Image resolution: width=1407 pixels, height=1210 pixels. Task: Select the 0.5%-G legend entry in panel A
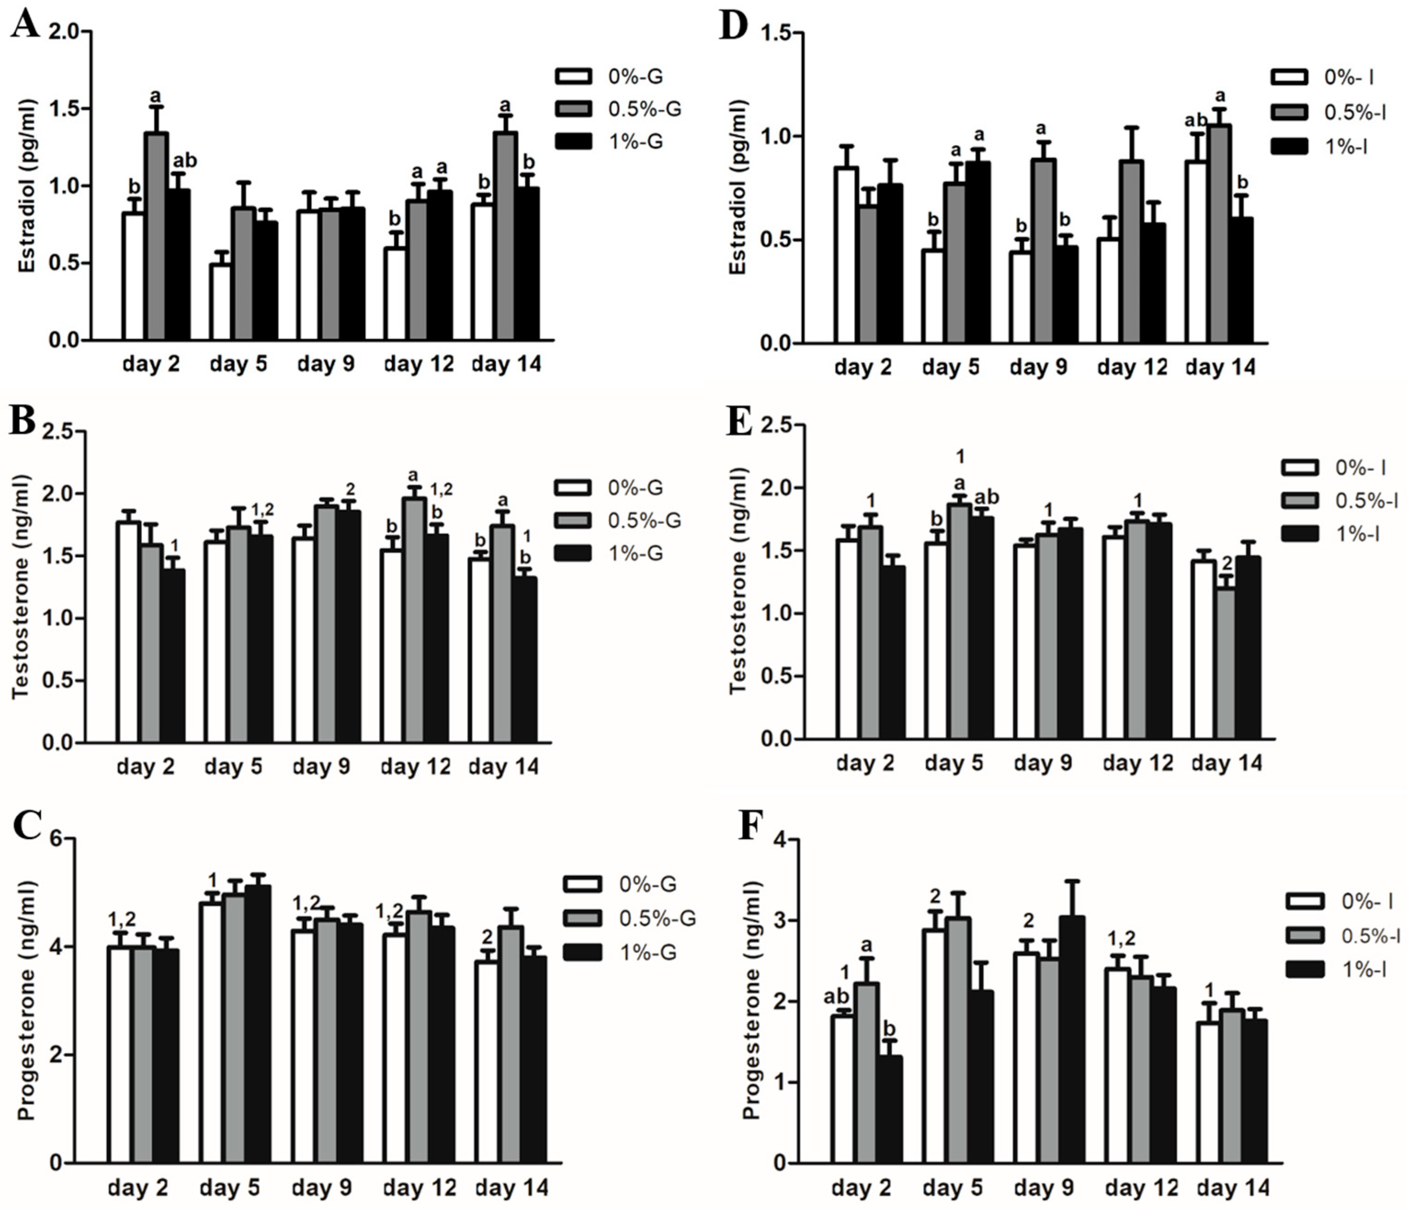click(x=618, y=108)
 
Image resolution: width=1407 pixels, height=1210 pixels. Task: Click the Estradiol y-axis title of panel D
click(x=738, y=188)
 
